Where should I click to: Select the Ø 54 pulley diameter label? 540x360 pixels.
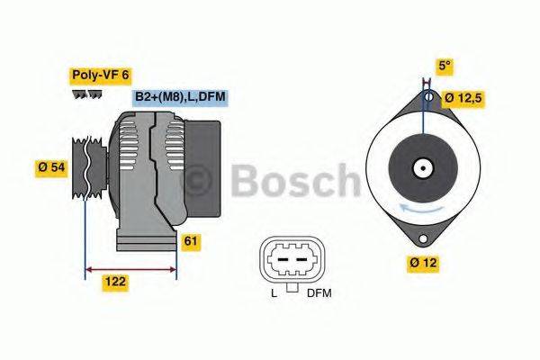[53, 166]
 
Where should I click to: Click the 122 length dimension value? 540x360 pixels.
[114, 282]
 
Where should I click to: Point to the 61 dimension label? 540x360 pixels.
[191, 241]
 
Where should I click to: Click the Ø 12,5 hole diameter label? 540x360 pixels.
[469, 97]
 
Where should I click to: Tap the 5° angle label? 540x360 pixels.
[444, 66]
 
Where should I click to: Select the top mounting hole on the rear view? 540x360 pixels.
[428, 96]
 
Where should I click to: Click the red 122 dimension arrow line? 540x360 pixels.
[130, 267]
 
